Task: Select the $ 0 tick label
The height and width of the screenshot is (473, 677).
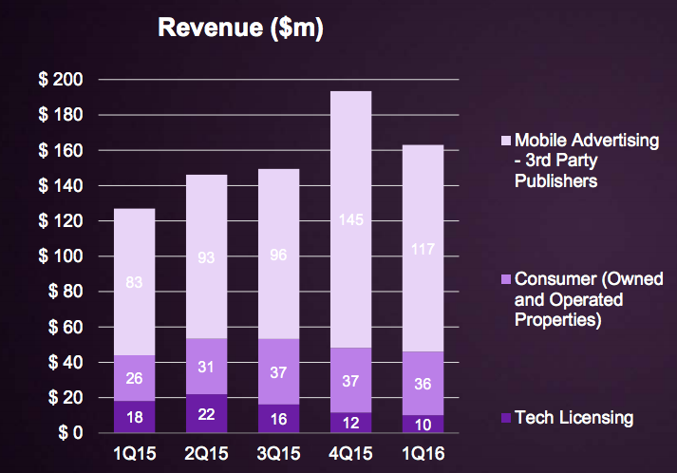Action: [x=69, y=433]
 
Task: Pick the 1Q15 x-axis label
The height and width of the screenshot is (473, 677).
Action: [x=134, y=453]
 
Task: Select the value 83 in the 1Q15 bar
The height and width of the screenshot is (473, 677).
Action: [x=134, y=281]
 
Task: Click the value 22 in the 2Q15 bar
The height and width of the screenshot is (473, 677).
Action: [x=205, y=414]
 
